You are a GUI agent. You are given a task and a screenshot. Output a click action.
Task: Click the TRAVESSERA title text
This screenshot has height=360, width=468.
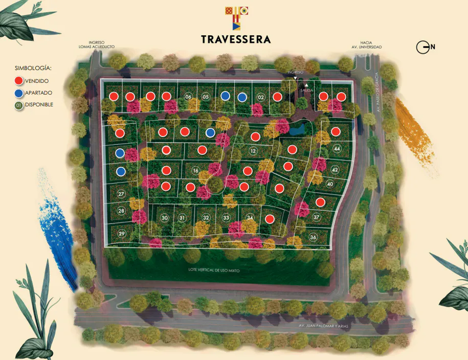coord(236,39)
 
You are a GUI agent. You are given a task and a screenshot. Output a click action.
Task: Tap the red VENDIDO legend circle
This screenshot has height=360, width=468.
coord(19,81)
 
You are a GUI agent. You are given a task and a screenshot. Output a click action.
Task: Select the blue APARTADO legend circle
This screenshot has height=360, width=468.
coord(19,93)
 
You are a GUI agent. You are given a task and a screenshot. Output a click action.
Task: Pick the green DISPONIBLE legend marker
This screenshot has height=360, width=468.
coord(19,105)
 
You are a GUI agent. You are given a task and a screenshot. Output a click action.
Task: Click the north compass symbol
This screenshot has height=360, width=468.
coord(424,48)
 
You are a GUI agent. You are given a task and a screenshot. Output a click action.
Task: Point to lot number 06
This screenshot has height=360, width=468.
coord(188,97)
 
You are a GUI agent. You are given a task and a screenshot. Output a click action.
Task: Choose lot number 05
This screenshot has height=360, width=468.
coord(206,97)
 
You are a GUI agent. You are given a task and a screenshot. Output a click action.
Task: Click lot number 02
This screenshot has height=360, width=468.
coord(260,97)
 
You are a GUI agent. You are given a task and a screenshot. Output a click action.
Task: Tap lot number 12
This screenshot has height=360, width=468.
coord(253,151)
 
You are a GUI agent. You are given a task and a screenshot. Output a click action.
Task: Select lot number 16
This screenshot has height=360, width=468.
coord(195,170)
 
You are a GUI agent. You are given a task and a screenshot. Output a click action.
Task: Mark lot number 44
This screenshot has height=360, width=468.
coord(336,149)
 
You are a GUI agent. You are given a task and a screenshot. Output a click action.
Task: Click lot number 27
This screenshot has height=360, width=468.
coord(121,194)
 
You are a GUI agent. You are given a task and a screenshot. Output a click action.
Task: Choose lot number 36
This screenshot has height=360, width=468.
coord(313,237)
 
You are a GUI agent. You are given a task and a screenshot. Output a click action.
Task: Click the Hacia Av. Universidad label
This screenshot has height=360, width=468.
coord(371,45)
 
